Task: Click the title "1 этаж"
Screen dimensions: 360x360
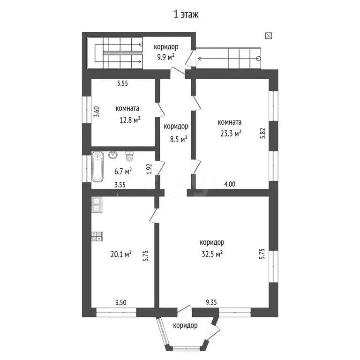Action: [186, 15]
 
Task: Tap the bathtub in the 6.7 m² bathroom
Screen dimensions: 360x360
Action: [97, 166]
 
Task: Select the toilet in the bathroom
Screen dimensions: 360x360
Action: [130, 156]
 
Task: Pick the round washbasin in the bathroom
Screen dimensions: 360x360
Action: [113, 155]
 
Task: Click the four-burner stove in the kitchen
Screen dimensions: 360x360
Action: [97, 236]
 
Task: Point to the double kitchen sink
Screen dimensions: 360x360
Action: [96, 204]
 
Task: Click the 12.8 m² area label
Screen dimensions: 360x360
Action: [130, 120]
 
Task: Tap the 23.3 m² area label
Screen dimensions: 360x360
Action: [231, 134]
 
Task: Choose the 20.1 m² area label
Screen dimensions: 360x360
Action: [121, 254]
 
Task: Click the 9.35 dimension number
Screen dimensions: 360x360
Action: [211, 302]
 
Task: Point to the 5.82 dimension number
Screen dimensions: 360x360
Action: [263, 133]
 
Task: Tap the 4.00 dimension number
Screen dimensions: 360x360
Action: [230, 184]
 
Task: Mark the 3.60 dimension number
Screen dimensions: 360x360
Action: [97, 112]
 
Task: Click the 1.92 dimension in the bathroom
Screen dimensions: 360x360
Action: [150, 169]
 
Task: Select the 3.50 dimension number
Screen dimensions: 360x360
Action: [121, 302]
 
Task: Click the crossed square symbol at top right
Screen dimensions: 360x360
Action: [269, 36]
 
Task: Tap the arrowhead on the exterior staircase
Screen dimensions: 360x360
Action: [200, 59]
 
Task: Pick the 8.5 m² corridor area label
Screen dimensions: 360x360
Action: [179, 139]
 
